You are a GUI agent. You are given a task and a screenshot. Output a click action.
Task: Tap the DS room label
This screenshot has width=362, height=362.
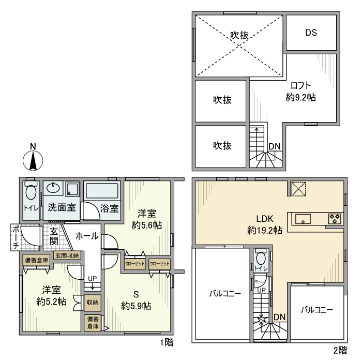(x=310, y=33)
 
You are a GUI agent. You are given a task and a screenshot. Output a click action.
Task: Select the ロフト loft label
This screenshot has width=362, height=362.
(x=300, y=86)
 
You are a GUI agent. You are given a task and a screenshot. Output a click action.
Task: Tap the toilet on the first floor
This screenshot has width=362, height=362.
(x=31, y=194)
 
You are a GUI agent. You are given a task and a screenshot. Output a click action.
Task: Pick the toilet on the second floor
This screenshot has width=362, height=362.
(x=261, y=257)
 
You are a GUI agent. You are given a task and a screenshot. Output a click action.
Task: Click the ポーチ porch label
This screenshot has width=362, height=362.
(x=16, y=237)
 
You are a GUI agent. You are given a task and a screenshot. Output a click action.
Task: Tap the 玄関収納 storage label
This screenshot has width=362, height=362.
(x=67, y=255)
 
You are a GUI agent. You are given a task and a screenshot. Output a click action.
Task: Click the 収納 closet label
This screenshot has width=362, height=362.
(x=93, y=303)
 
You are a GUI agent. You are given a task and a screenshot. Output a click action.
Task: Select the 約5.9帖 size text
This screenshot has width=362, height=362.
(x=136, y=306)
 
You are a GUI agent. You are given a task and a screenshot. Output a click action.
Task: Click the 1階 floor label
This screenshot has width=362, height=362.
(x=167, y=342)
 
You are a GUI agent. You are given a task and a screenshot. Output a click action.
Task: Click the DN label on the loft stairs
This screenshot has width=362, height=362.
(x=275, y=146)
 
